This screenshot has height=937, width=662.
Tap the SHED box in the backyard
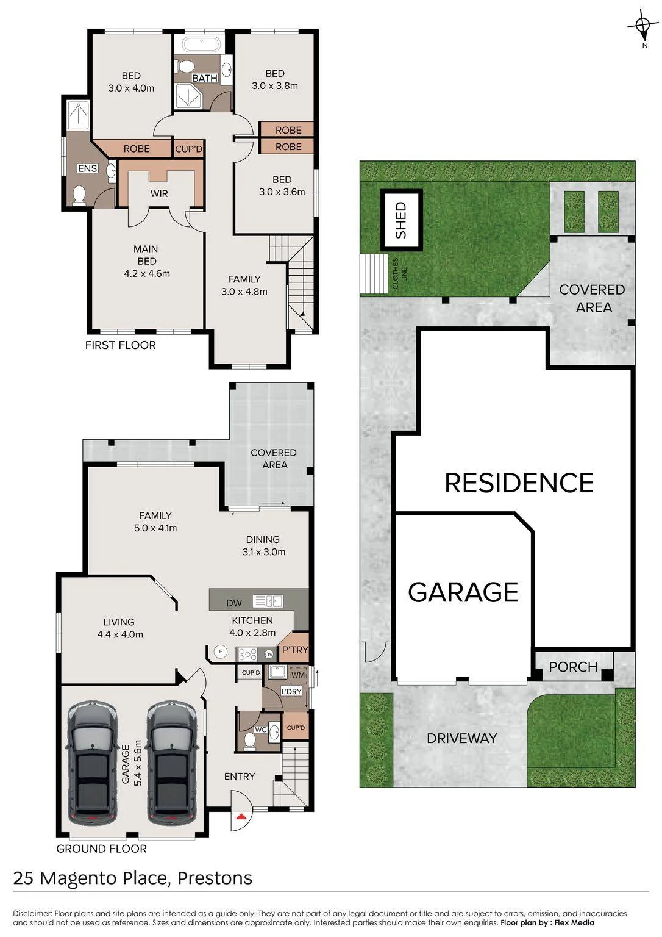pyautogui.click(x=400, y=220)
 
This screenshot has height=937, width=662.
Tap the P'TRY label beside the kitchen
pyautogui.click(x=294, y=650)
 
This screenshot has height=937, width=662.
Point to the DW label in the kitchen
pyautogui.click(x=234, y=603)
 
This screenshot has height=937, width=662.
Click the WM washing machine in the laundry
pyautogui.click(x=298, y=675)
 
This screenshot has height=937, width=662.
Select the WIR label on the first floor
pyautogui.click(x=159, y=193)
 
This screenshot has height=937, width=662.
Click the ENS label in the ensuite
pyautogui.click(x=88, y=168)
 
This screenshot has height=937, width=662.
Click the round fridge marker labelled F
pyautogui.click(x=220, y=652)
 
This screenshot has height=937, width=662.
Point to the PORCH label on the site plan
pyautogui.click(x=573, y=667)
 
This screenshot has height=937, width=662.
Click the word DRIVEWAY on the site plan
pyautogui.click(x=462, y=738)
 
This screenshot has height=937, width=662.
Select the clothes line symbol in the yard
pyautogui.click(x=374, y=274)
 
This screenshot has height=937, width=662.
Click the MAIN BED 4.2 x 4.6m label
pyautogui.click(x=146, y=261)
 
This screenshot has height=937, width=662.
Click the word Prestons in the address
pyautogui.click(x=215, y=878)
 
